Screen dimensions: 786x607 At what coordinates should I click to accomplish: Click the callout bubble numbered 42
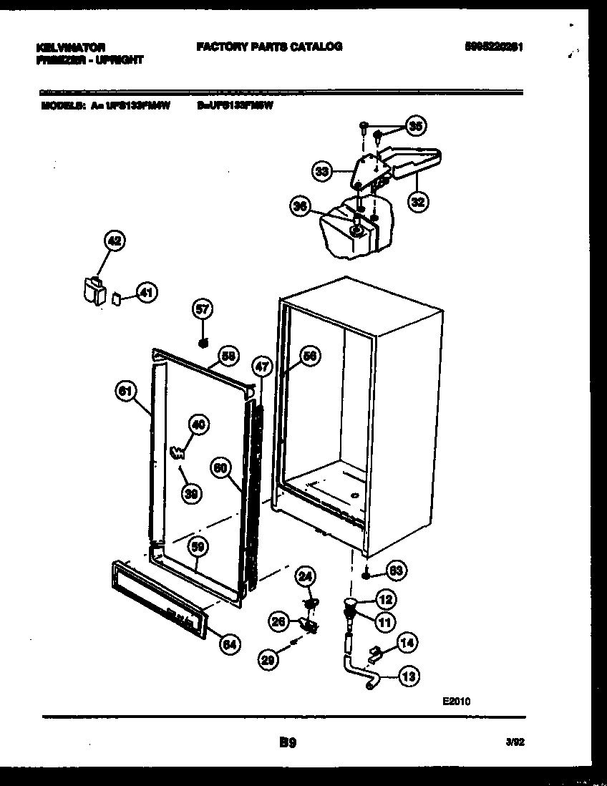coord(114,241)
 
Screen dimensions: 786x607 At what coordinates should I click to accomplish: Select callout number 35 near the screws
coord(414,126)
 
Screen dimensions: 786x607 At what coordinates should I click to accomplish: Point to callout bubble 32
coord(417,202)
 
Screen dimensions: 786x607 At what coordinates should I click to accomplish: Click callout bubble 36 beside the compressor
coord(300,207)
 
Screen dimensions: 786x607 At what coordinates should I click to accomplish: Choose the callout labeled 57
coord(203,309)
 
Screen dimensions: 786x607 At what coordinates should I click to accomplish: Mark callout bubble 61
coord(125,391)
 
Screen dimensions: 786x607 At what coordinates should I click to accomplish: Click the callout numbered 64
coord(228,644)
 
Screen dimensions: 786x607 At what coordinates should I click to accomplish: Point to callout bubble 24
coord(306,576)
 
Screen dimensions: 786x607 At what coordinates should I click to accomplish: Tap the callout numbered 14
coord(407,643)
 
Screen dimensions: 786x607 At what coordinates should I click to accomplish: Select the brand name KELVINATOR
coord(70,47)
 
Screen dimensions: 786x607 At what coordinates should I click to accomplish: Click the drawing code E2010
coord(456,702)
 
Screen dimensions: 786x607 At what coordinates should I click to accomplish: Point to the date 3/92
coord(515,743)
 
